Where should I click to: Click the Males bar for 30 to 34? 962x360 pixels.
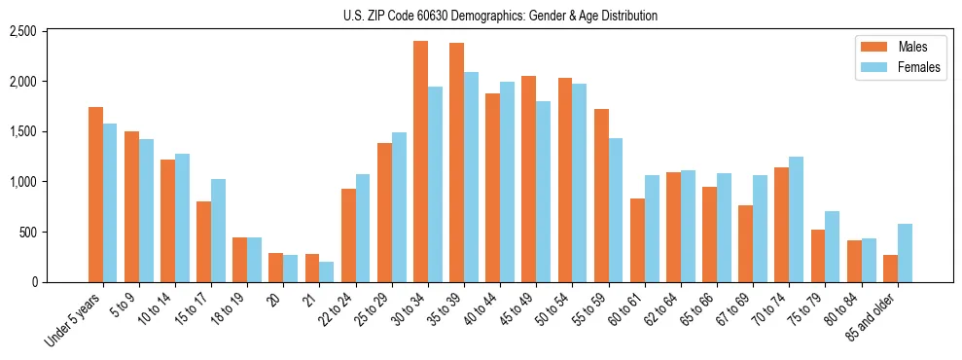[x=420, y=162]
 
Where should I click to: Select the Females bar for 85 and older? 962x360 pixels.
[x=905, y=253]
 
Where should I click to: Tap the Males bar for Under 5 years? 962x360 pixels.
[x=95, y=195]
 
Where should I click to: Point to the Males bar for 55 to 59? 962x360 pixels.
[x=601, y=196]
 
